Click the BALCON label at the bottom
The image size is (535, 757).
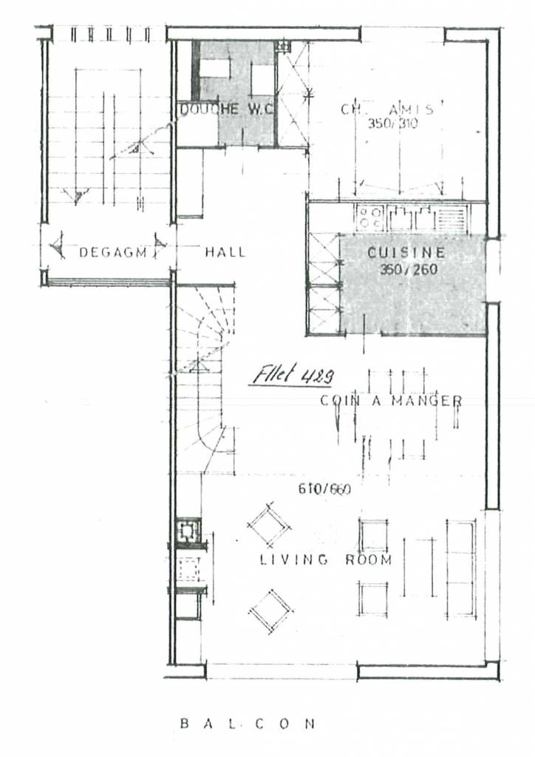pyautogui.click(x=248, y=723)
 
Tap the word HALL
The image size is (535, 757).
pyautogui.click(x=225, y=252)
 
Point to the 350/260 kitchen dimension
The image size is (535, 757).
pyautogui.click(x=408, y=270)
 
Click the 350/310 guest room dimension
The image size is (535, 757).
pyautogui.click(x=392, y=123)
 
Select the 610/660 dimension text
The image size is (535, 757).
pyautogui.click(x=324, y=489)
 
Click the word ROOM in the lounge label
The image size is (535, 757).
pyautogui.click(x=368, y=560)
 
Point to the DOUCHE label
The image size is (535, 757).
pyautogui.click(x=210, y=109)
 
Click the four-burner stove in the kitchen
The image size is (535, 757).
pyautogui.click(x=369, y=217)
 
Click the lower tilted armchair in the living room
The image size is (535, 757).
pyautogui.click(x=270, y=611)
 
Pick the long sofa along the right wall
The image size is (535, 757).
pyautogui.click(x=461, y=568)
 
